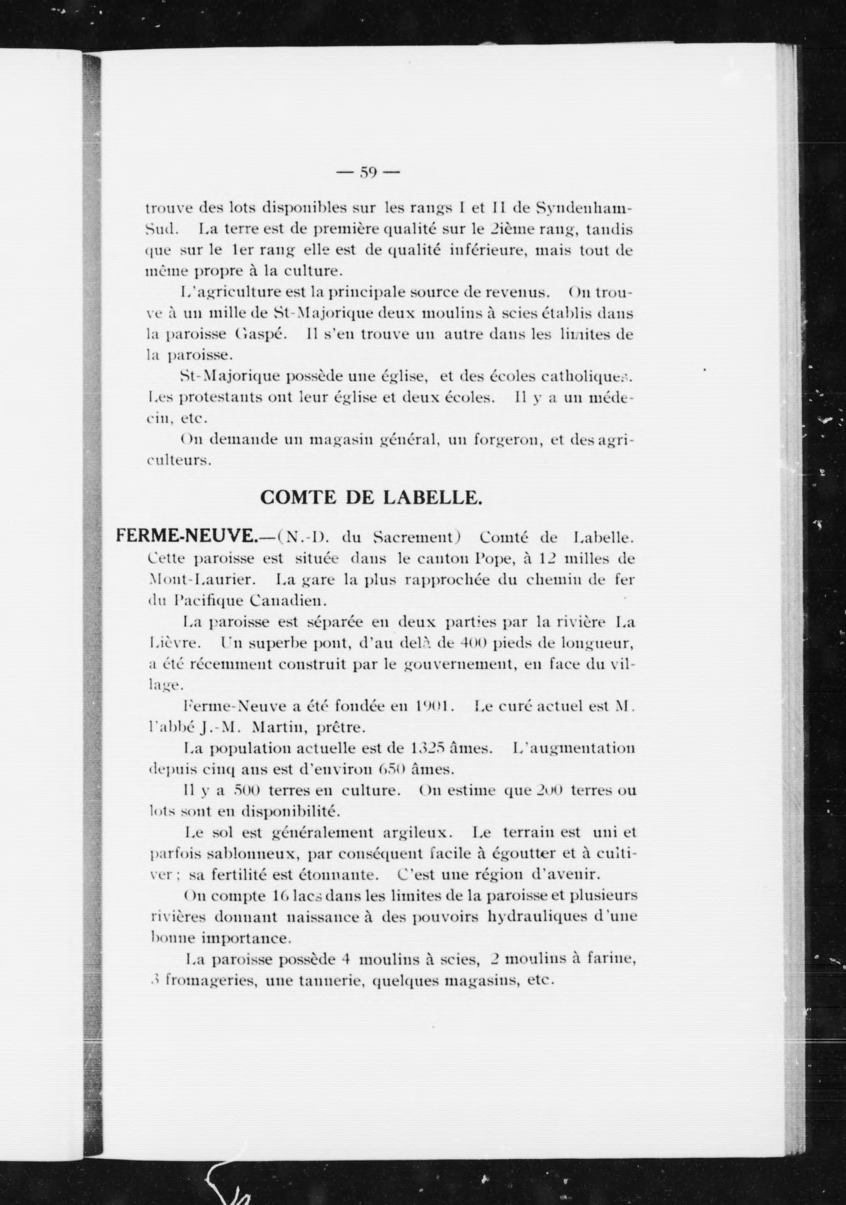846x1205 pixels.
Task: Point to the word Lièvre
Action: [167, 643]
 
